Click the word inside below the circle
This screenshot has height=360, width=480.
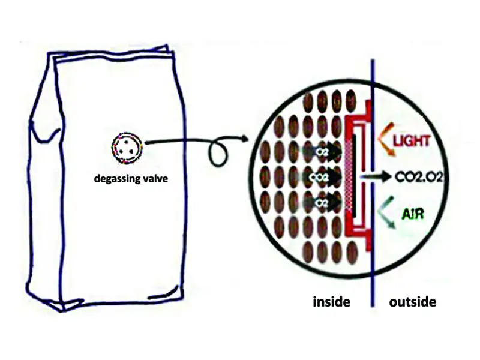coord(331,302)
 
